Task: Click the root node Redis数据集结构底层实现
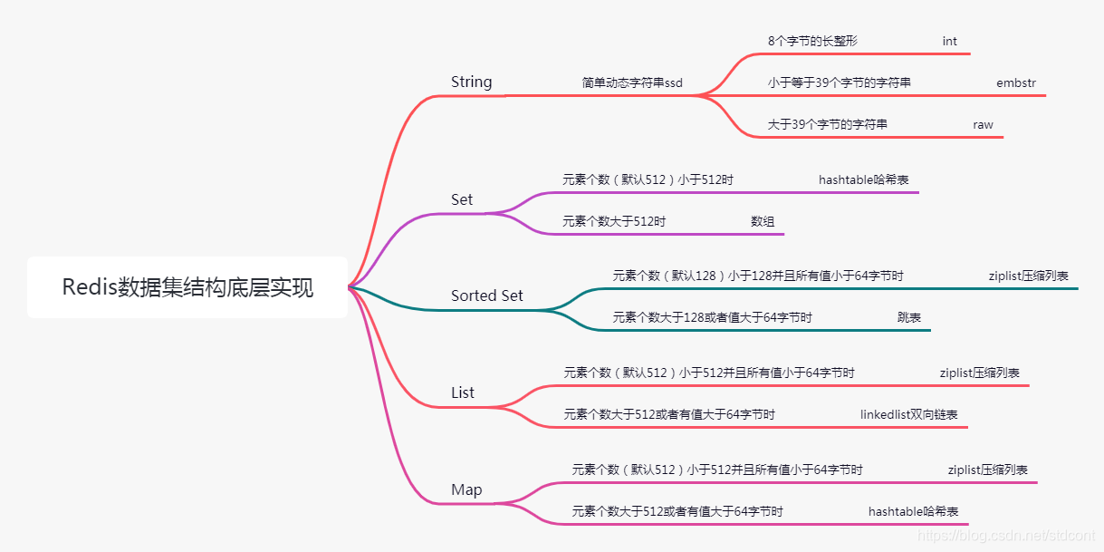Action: (x=187, y=287)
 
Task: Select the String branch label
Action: (x=471, y=82)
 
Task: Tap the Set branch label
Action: (x=462, y=199)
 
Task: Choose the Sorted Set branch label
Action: (x=487, y=295)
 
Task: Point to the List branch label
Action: (x=463, y=392)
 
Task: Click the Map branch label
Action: (x=466, y=489)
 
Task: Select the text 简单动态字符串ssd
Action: (x=632, y=82)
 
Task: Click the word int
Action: (x=949, y=42)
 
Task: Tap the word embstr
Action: (x=1016, y=82)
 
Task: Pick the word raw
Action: (x=983, y=124)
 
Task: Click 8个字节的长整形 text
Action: (x=812, y=42)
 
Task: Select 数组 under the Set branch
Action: (x=763, y=221)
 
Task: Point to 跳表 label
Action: (x=909, y=317)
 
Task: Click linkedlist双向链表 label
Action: (x=909, y=414)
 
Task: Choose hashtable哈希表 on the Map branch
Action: (x=913, y=511)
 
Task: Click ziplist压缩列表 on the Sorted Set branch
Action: (x=1029, y=276)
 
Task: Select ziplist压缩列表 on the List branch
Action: (x=980, y=373)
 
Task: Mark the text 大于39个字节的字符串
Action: (x=828, y=124)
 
